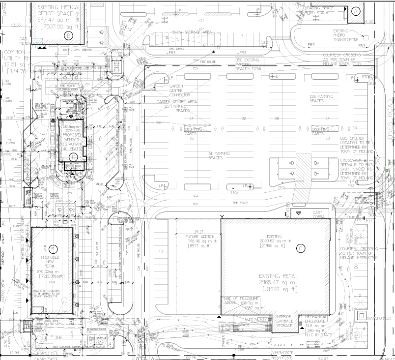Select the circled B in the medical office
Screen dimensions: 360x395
pos(69,35)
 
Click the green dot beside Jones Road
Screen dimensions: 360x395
pos(387,171)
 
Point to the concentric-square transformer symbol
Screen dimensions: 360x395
pos(361,315)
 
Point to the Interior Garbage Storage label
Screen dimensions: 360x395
pos(286,322)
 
